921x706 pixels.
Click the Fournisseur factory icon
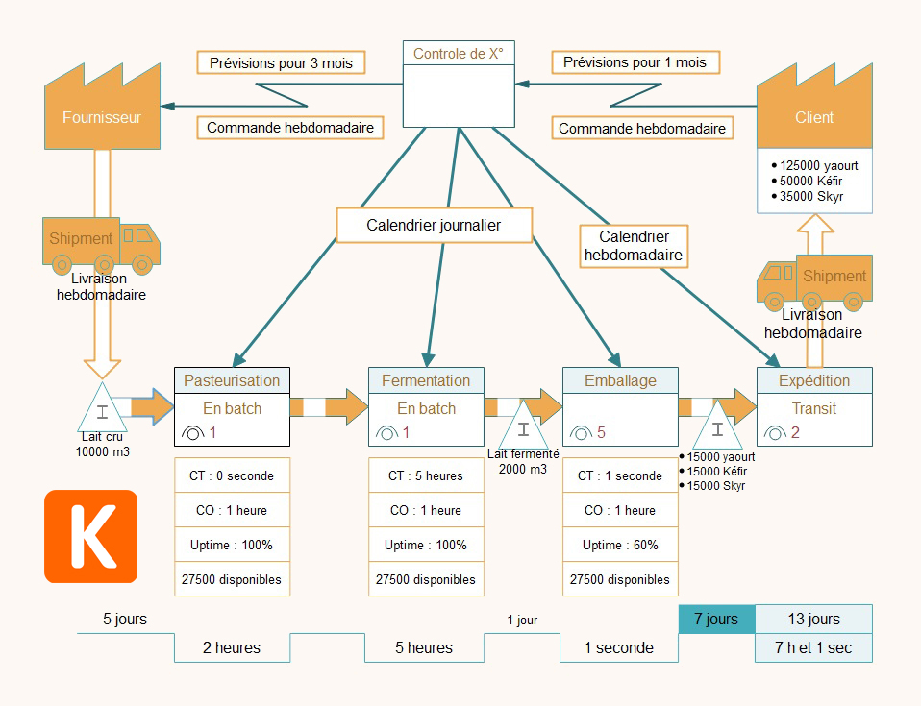coord(102,110)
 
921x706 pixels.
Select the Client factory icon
coord(814,110)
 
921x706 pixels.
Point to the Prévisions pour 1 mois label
coord(635,62)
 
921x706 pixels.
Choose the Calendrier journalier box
coord(434,226)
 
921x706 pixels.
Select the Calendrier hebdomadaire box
coord(634,245)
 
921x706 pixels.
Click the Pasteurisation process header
coord(232,380)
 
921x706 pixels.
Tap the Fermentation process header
coord(426,380)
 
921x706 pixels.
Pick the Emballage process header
coord(620,380)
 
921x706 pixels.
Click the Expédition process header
coord(814,380)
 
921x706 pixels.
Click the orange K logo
coord(91,536)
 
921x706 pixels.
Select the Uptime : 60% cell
coord(620,545)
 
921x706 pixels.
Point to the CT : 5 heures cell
coord(426,475)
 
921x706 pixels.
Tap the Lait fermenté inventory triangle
coord(522,423)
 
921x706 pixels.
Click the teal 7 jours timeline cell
coord(716,620)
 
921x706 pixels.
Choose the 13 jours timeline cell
coord(813,620)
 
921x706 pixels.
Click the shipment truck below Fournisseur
coord(101,242)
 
